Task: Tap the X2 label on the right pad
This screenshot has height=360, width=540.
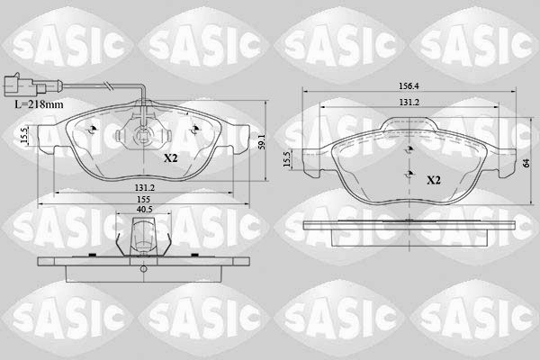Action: point(433,180)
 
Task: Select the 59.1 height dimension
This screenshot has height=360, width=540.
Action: point(259,144)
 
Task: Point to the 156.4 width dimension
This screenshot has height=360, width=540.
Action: point(409,88)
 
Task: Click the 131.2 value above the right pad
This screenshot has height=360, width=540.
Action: point(409,103)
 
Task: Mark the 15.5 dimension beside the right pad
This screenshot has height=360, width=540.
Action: point(287,158)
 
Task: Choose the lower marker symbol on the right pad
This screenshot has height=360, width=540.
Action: point(408,173)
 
